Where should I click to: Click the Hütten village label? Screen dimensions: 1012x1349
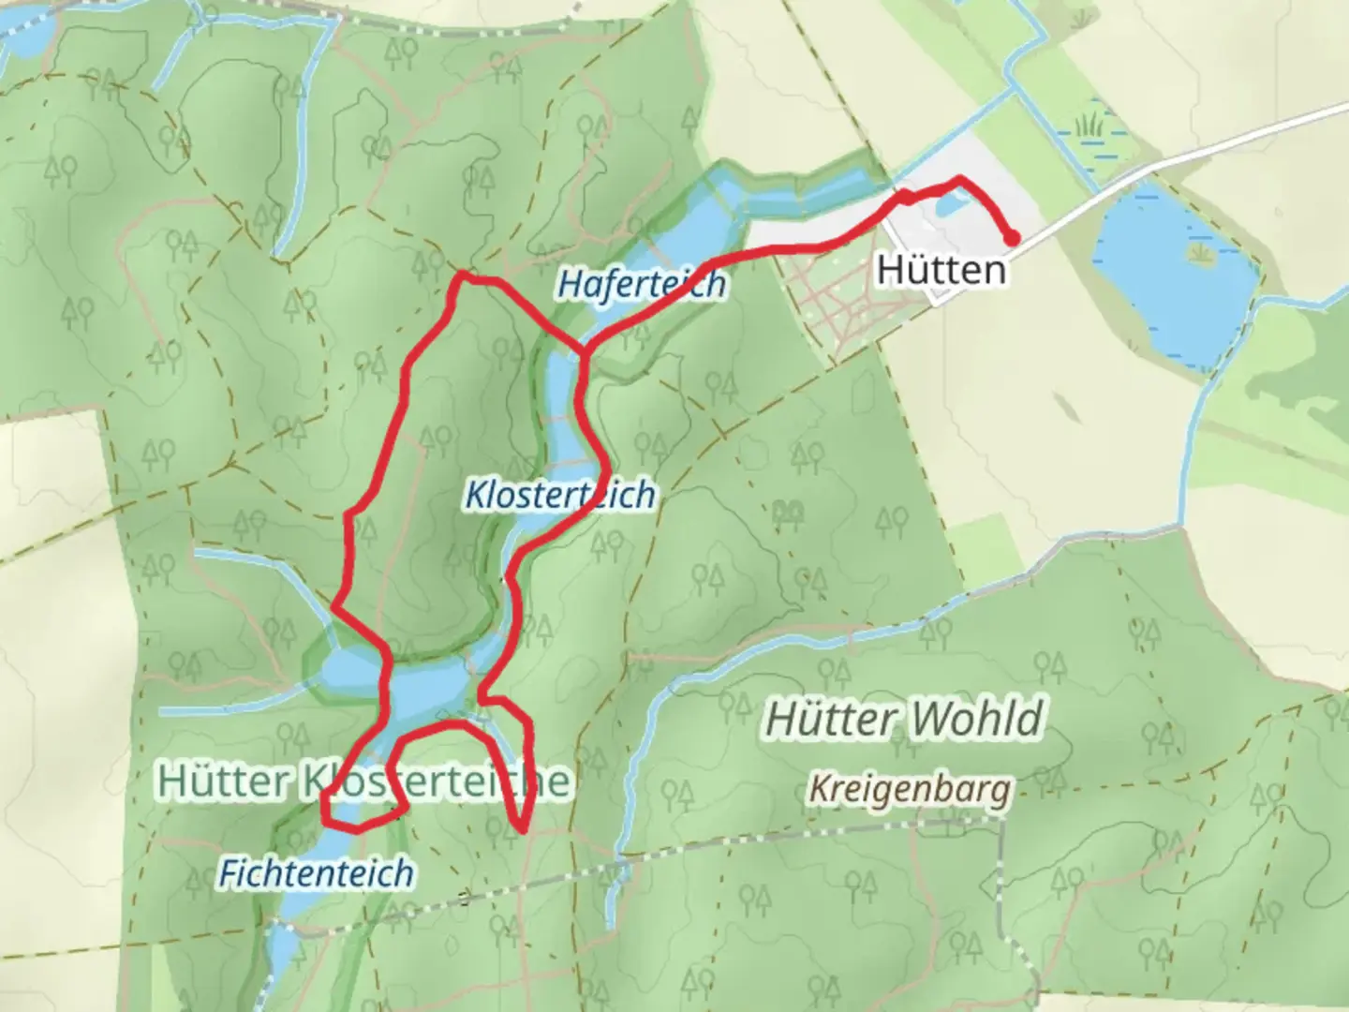(941, 270)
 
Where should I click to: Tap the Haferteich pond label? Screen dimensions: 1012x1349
(642, 283)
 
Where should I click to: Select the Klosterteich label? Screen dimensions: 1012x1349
(560, 494)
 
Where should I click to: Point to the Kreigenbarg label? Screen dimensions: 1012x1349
(910, 789)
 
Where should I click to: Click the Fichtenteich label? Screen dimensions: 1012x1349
(316, 872)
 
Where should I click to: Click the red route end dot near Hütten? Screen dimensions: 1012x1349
(1013, 238)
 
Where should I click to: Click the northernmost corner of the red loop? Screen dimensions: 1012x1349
(461, 275)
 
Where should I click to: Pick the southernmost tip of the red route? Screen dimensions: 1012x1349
(521, 830)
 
